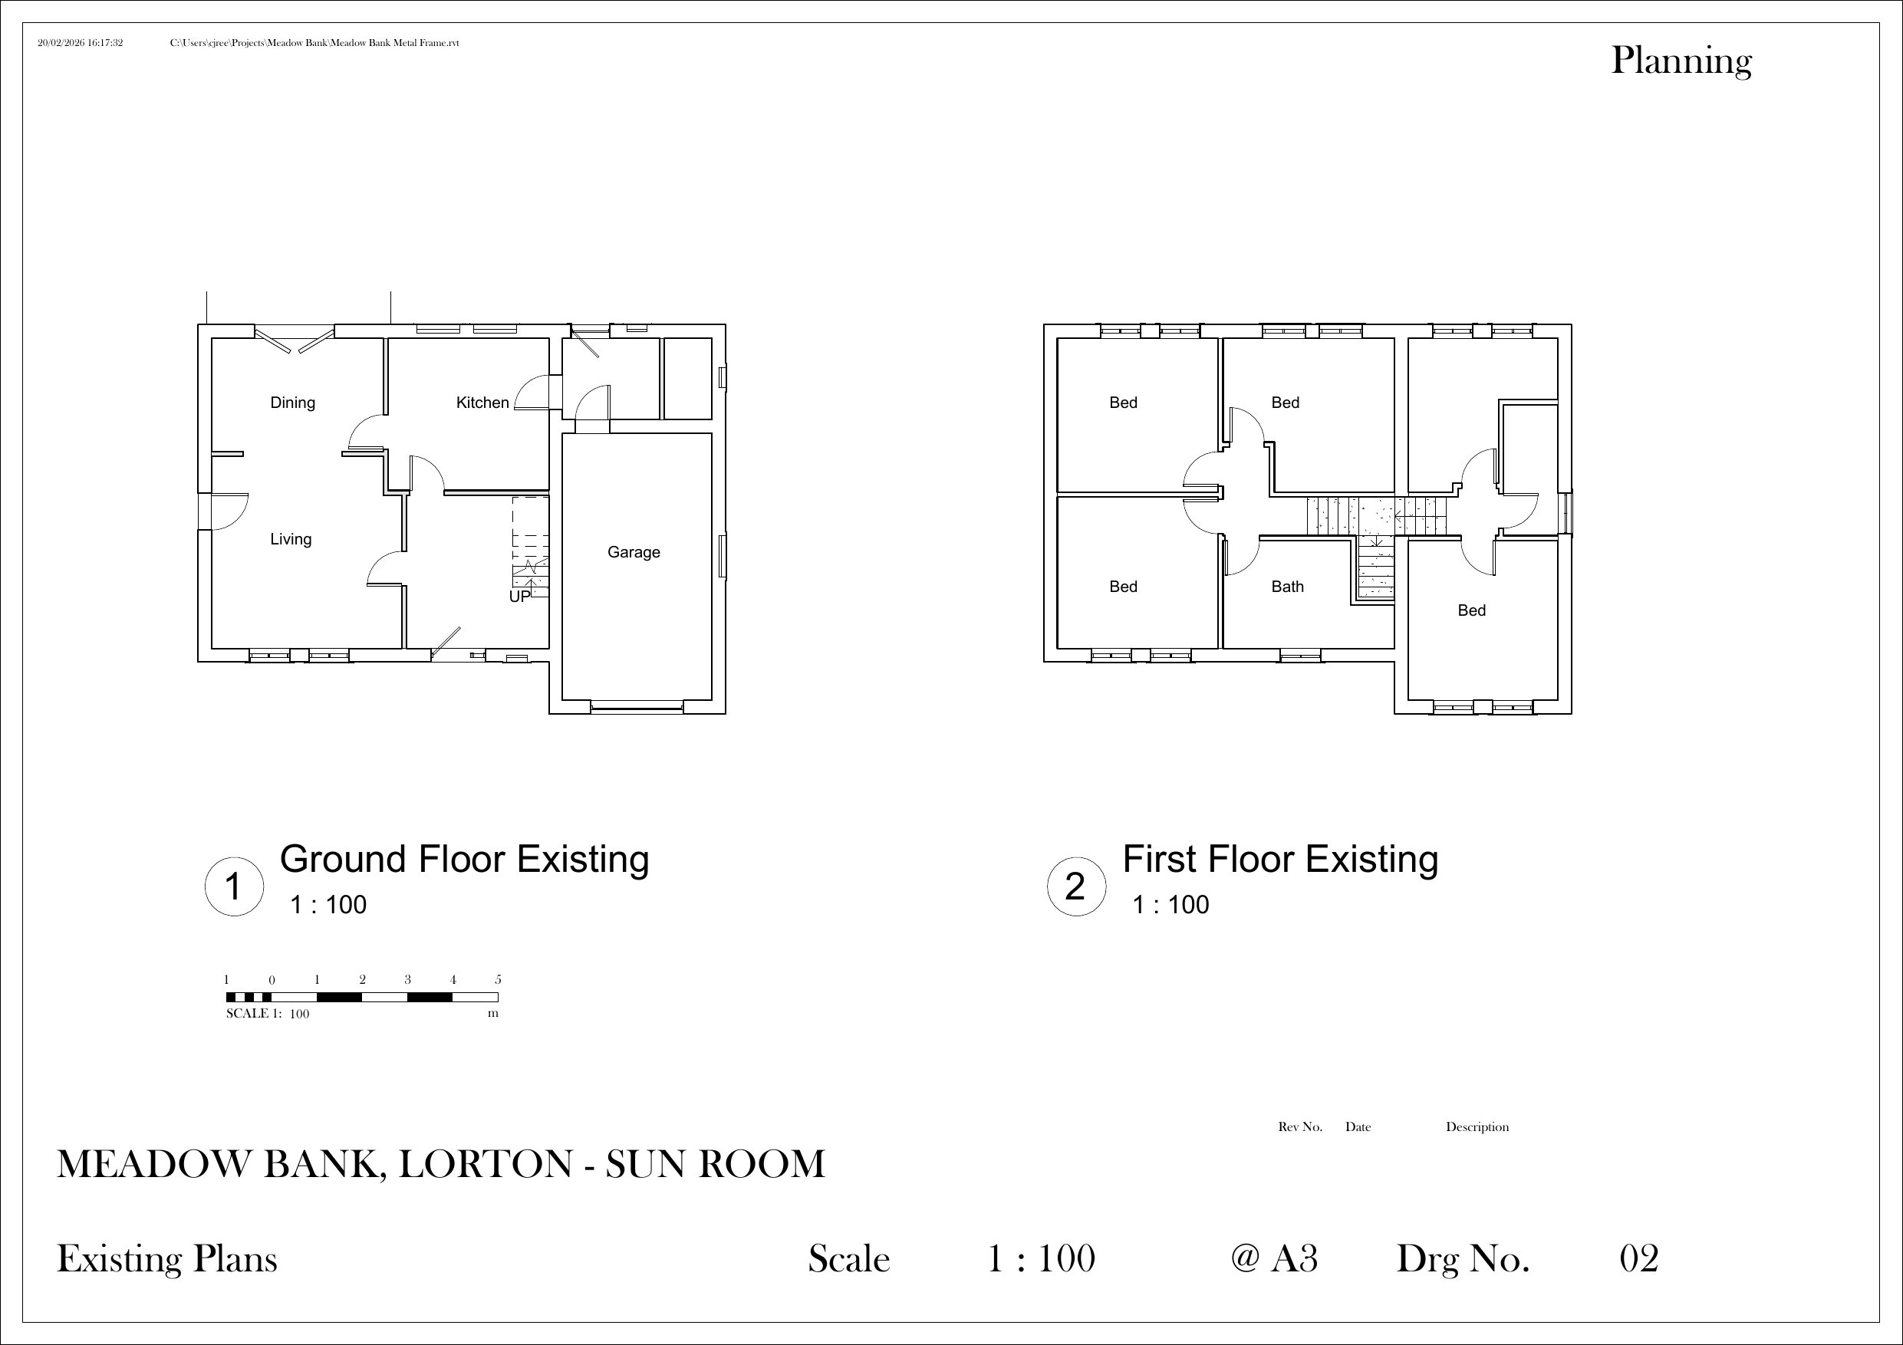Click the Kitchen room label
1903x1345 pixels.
coord(482,403)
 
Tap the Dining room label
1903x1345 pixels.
coord(292,403)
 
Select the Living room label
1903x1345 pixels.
coord(291,540)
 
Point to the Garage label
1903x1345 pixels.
coord(634,553)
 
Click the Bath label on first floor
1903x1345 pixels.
coord(1287,587)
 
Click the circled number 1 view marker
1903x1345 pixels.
coord(235,886)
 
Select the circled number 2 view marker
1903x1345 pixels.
coord(1076,886)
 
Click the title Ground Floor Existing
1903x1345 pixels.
coord(464,860)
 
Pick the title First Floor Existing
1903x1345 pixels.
coord(1280,860)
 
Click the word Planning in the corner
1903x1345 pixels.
coord(1681,62)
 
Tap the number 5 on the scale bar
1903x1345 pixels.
coord(498,979)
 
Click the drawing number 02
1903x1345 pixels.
coord(1638,1259)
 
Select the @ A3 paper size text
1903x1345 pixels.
coord(1275,1259)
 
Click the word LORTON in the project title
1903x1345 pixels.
coord(486,1164)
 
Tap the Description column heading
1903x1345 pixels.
coord(1477,1127)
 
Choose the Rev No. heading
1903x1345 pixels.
coord(1300,1127)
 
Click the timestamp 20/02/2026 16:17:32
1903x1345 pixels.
coord(81,43)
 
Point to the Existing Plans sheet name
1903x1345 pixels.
coord(166,1260)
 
